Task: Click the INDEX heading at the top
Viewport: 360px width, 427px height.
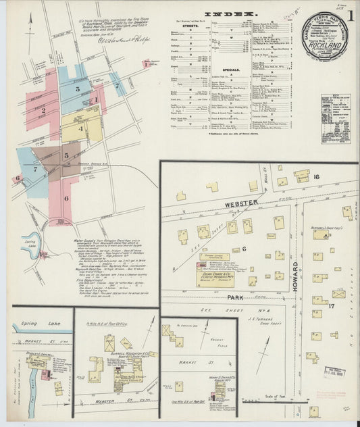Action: point(230,13)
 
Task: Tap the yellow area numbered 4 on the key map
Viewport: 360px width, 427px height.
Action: point(81,127)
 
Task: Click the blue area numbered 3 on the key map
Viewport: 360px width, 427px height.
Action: point(78,89)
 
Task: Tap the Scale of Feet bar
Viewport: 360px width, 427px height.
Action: point(270,399)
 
